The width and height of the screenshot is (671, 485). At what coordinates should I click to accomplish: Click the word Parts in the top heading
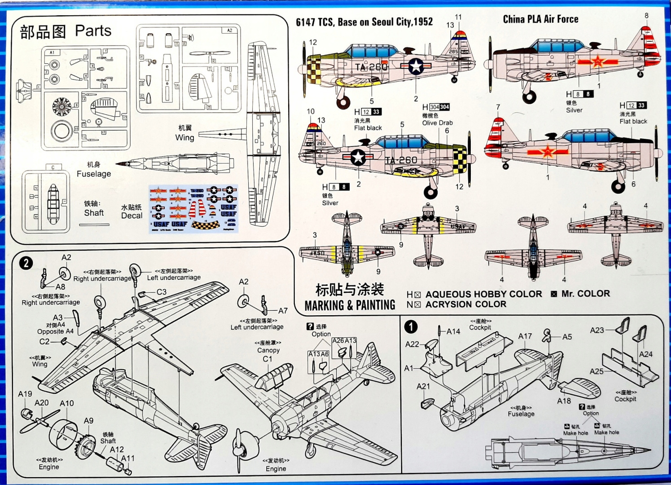(93, 31)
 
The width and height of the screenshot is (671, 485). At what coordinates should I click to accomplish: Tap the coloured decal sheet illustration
(193, 208)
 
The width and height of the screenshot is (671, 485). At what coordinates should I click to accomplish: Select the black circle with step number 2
(26, 263)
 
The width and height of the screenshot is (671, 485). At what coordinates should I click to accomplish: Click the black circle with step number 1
(411, 326)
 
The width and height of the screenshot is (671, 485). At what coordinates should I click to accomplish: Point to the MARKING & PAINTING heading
(350, 305)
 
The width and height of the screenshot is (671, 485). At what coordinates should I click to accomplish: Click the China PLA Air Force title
(540, 19)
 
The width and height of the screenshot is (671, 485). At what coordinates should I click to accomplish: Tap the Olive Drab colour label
(437, 123)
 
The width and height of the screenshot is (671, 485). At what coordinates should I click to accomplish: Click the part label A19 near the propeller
(25, 394)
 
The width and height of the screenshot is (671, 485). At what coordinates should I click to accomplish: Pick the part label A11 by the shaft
(128, 458)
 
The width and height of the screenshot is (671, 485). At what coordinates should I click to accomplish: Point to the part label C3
(162, 291)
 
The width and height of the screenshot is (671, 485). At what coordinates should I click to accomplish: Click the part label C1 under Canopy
(268, 359)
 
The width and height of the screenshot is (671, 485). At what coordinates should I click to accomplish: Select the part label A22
(412, 344)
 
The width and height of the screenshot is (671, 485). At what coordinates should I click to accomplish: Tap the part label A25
(596, 371)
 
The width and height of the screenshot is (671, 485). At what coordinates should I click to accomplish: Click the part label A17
(525, 336)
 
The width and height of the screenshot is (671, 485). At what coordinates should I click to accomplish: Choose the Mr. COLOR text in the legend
(585, 294)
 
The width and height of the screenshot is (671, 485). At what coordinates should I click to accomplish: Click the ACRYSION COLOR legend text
(465, 304)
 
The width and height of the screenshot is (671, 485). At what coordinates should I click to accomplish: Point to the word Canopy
(268, 350)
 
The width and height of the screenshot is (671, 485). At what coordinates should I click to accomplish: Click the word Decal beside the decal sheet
(132, 216)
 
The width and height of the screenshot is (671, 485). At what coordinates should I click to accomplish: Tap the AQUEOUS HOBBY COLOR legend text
(483, 294)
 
